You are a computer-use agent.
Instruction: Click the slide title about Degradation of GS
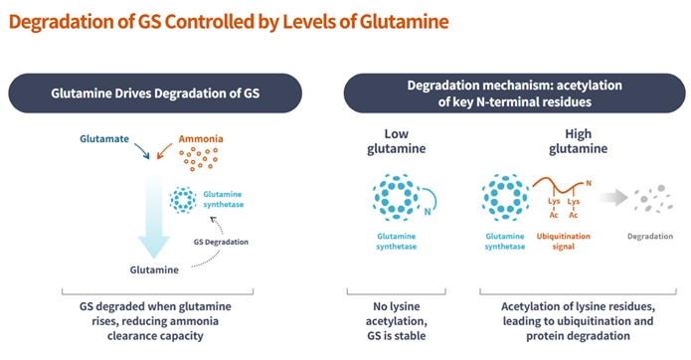[x=229, y=22]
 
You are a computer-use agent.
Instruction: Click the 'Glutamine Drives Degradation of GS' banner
[x=155, y=93]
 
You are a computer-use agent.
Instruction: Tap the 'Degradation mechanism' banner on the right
[x=514, y=93]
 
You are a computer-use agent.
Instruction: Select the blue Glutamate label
[x=104, y=139]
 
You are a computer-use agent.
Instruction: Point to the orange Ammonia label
[x=201, y=139]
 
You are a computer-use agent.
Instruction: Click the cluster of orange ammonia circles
[x=198, y=159]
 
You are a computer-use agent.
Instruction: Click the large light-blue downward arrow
[x=154, y=216]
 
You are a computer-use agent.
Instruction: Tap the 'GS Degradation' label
[x=221, y=242]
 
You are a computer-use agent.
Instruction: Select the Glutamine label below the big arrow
[x=154, y=270]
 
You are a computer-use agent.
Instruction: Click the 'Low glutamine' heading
[x=396, y=141]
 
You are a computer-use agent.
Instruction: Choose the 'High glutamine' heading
[x=579, y=141]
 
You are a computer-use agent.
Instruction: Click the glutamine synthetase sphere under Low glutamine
[x=397, y=198]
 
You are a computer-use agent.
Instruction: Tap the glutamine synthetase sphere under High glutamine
[x=505, y=198]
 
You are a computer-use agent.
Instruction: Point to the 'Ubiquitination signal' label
[x=563, y=241]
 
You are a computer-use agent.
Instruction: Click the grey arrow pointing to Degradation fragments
[x=611, y=198]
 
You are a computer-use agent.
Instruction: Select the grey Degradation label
[x=650, y=236]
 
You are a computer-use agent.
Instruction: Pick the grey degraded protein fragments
[x=653, y=199]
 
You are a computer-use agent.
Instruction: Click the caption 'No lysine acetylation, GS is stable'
[x=396, y=321]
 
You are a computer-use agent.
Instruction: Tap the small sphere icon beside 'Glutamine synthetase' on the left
[x=183, y=200]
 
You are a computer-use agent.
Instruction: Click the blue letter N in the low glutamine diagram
[x=427, y=212]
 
